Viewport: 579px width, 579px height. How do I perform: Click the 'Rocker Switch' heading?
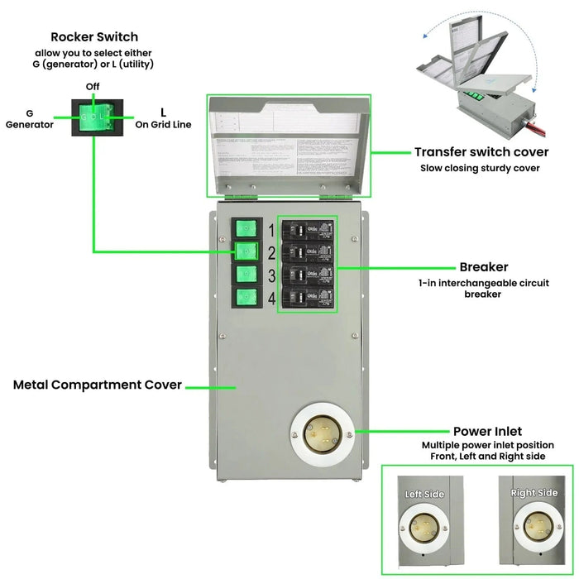(94, 36)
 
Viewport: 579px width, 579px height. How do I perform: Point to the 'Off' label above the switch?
(93, 87)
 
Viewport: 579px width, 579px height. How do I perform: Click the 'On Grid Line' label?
(163, 118)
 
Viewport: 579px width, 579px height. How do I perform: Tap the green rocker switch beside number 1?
(244, 230)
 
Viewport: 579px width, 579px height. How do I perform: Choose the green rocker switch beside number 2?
(244, 252)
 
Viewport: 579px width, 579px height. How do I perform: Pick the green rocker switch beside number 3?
(244, 275)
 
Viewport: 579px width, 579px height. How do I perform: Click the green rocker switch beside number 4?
(244, 299)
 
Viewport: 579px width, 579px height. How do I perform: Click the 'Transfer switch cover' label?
(481, 152)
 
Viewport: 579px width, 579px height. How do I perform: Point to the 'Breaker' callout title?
(483, 267)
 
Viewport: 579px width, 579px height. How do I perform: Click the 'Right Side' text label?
(534, 493)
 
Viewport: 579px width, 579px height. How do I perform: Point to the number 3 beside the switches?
(271, 275)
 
